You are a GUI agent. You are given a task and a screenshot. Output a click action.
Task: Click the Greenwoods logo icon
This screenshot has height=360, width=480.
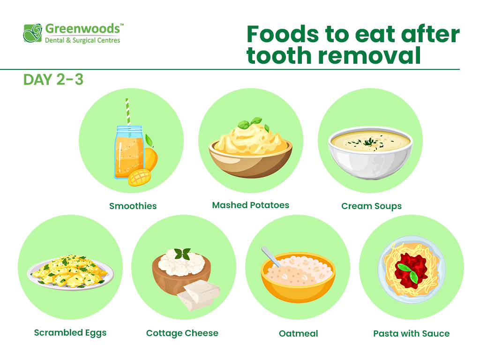pyautogui.click(x=33, y=33)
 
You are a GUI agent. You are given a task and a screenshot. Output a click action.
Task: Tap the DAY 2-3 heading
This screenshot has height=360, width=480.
pyautogui.click(x=53, y=80)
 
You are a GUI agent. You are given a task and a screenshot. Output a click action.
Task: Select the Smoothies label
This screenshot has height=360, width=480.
pyautogui.click(x=133, y=206)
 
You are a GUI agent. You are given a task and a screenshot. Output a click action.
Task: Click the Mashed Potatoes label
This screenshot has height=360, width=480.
pyautogui.click(x=250, y=205)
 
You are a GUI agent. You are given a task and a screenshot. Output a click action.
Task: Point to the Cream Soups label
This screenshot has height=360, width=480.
pyautogui.click(x=371, y=206)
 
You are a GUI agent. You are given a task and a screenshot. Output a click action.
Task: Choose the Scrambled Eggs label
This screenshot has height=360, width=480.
pyautogui.click(x=70, y=333)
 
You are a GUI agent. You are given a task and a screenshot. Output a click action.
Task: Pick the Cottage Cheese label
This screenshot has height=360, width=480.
pyautogui.click(x=182, y=333)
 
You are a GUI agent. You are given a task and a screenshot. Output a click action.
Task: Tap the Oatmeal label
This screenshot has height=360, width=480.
pyautogui.click(x=298, y=334)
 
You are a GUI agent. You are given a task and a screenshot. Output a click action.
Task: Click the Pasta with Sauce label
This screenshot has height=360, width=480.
pyautogui.click(x=411, y=334)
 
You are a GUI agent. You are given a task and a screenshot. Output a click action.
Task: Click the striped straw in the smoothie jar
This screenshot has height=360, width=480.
pyautogui.click(x=127, y=112)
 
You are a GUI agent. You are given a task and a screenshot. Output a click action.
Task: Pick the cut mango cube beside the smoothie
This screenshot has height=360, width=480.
pyautogui.click(x=139, y=177)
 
